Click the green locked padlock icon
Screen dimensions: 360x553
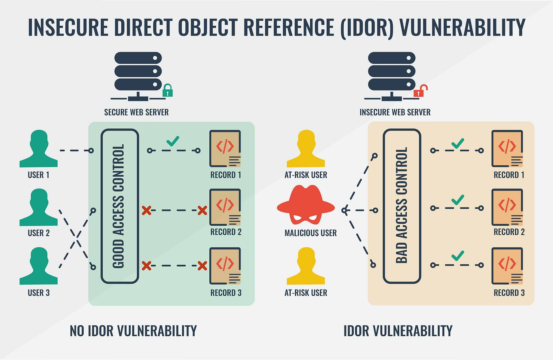[x=168, y=91]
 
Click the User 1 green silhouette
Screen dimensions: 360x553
[x=39, y=149]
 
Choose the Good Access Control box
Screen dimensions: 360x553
[x=120, y=206]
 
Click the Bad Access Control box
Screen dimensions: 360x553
[x=402, y=206]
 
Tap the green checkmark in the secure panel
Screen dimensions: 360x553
[x=173, y=141]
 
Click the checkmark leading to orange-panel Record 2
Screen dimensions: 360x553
[x=457, y=200]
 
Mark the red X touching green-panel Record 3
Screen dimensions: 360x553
[x=202, y=266]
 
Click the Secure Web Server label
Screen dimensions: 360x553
[x=136, y=112]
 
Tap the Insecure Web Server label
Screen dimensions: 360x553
[x=395, y=112]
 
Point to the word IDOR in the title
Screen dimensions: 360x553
[x=367, y=28]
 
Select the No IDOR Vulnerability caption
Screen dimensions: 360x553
[x=133, y=331]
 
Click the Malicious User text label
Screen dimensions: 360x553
[x=310, y=233]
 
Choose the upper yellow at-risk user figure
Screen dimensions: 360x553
[x=306, y=149]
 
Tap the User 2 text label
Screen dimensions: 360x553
[x=39, y=233]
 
